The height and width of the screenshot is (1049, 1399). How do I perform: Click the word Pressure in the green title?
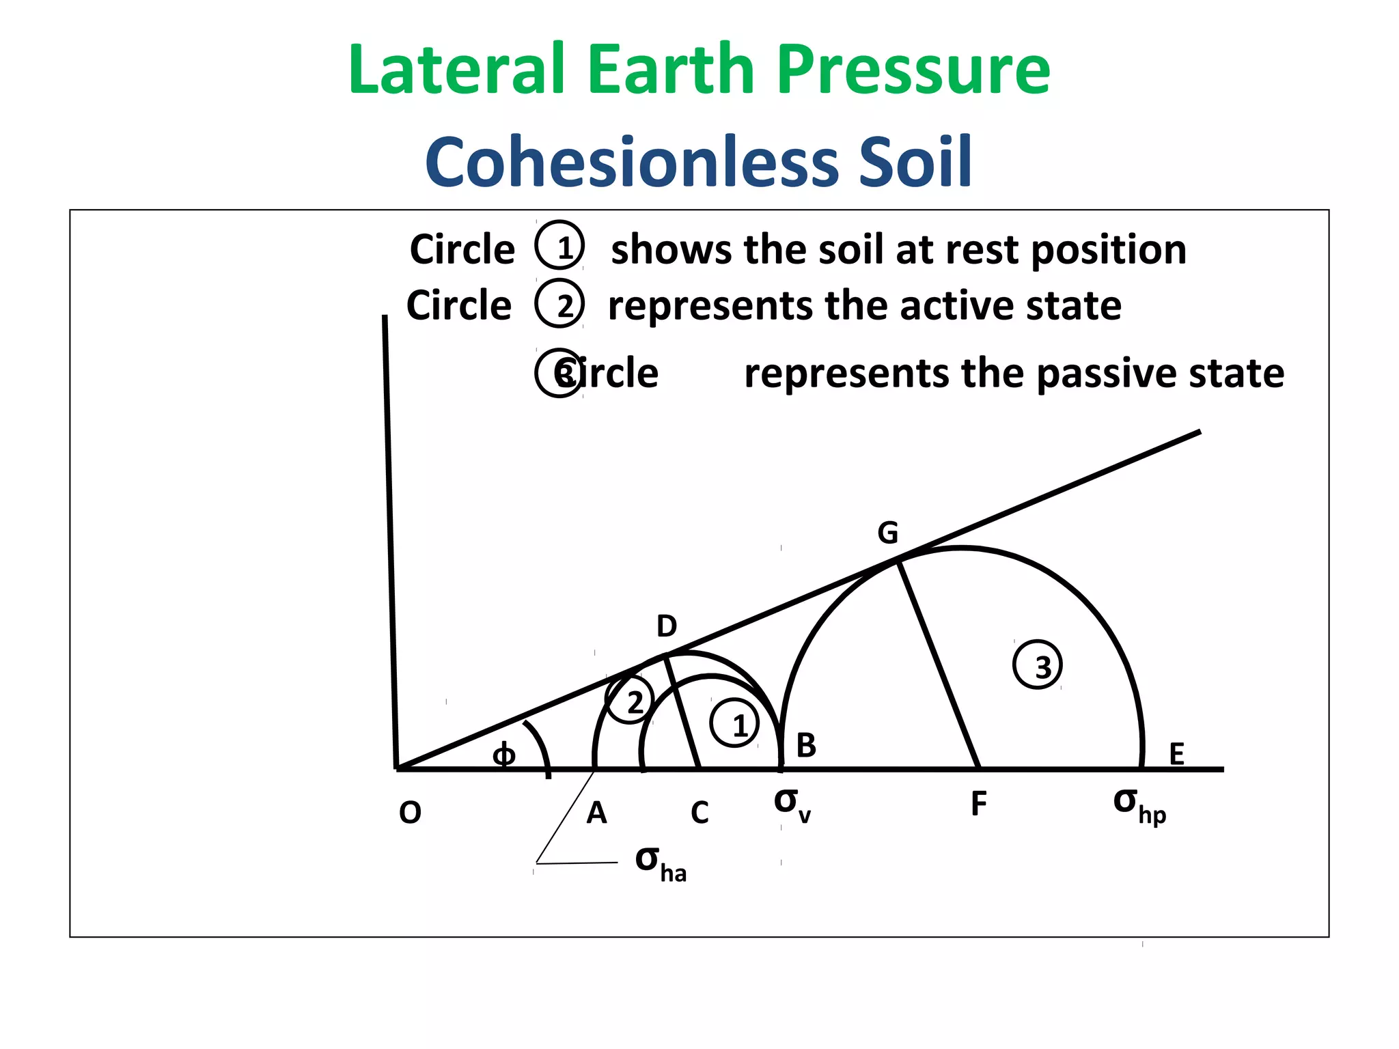(913, 70)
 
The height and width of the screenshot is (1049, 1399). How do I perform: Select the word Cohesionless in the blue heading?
(631, 163)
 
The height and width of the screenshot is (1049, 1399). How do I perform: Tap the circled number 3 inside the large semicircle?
(1038, 665)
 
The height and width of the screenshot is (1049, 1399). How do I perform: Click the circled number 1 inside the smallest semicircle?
(735, 723)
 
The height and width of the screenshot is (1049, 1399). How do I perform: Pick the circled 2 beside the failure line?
(631, 701)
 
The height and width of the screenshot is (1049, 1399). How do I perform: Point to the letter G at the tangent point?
(887, 533)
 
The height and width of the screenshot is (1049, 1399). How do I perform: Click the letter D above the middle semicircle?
(667, 626)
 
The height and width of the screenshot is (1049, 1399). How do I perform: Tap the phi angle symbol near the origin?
(504, 755)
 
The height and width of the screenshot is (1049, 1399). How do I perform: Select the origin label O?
(410, 813)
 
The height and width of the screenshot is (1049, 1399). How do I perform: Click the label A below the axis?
(596, 813)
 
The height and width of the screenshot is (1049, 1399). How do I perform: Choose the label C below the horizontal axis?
(699, 813)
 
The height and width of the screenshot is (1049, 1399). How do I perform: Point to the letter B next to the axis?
(806, 745)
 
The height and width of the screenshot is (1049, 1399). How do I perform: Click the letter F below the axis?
(978, 805)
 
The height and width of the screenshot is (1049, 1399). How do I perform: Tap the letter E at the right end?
(1176, 754)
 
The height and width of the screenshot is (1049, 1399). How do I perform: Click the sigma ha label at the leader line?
(660, 864)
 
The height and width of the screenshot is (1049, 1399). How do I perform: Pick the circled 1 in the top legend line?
(559, 247)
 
